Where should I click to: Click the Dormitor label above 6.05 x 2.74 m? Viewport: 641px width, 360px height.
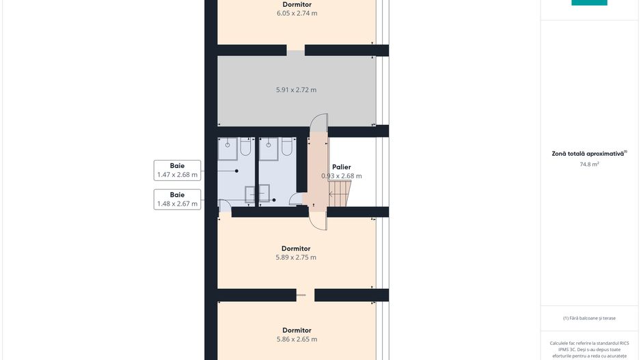pos(297,5)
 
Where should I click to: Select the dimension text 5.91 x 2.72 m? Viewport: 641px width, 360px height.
pos(296,90)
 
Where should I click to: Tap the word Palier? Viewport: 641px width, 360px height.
pos(342,167)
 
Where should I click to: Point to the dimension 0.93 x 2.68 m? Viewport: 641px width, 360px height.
pos(342,176)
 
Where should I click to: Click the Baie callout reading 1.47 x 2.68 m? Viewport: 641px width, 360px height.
pos(177,170)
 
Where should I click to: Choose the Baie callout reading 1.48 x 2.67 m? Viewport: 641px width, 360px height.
pos(177,199)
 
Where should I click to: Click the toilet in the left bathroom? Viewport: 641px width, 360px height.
pos(245,146)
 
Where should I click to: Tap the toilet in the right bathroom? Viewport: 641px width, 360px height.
pos(286,146)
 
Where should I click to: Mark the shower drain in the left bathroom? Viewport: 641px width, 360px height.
pos(228,145)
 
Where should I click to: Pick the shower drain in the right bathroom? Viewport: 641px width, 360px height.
pos(269,145)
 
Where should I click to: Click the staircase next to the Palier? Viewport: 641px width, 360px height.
pos(340,194)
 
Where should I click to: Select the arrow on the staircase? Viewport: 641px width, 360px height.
pos(336,194)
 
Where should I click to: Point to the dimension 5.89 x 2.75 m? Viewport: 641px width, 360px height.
pos(296,258)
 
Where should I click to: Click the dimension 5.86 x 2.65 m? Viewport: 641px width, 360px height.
pos(297,339)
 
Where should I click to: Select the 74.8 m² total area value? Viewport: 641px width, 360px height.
pos(589,164)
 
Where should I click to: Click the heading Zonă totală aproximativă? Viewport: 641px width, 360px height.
pos(588,154)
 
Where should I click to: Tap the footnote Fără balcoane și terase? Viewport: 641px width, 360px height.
pos(589,318)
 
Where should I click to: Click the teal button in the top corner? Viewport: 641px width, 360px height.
pos(589,3)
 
